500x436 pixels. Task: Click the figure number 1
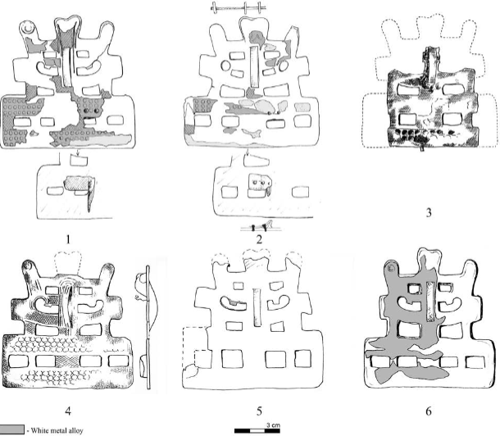tap(68, 239)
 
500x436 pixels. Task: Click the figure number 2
tap(259, 239)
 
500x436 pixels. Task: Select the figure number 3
tap(429, 212)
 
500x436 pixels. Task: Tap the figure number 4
tap(68, 411)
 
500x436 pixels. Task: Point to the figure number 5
tap(259, 411)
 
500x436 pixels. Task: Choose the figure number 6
tap(429, 411)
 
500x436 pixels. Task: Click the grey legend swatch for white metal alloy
tap(11, 429)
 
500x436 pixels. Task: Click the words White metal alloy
tap(57, 430)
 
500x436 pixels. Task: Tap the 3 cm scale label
tap(273, 425)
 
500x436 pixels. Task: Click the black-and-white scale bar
tap(257, 431)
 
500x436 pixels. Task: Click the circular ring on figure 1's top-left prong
tap(26, 28)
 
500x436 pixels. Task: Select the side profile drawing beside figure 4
tap(147, 327)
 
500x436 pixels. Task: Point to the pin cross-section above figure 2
tap(239, 7)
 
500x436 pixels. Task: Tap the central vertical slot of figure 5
tap(257, 307)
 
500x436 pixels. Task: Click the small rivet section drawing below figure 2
tap(261, 226)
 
